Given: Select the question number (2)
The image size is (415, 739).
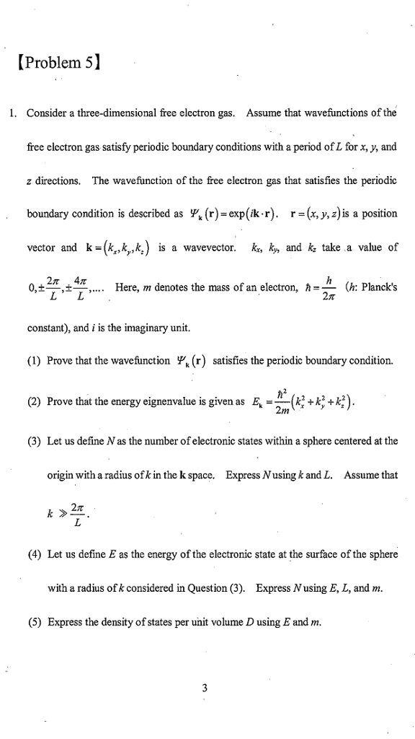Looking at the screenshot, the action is pos(35,402).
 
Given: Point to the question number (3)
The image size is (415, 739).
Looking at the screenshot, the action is pos(35,442).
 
